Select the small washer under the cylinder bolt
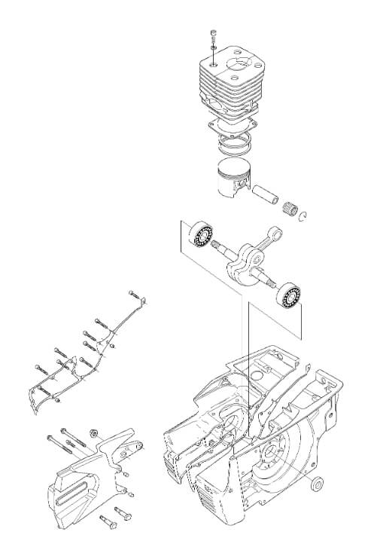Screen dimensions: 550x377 pyautogui.click(x=214, y=46)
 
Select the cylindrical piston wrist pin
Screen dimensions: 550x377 pyautogui.click(x=267, y=199)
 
